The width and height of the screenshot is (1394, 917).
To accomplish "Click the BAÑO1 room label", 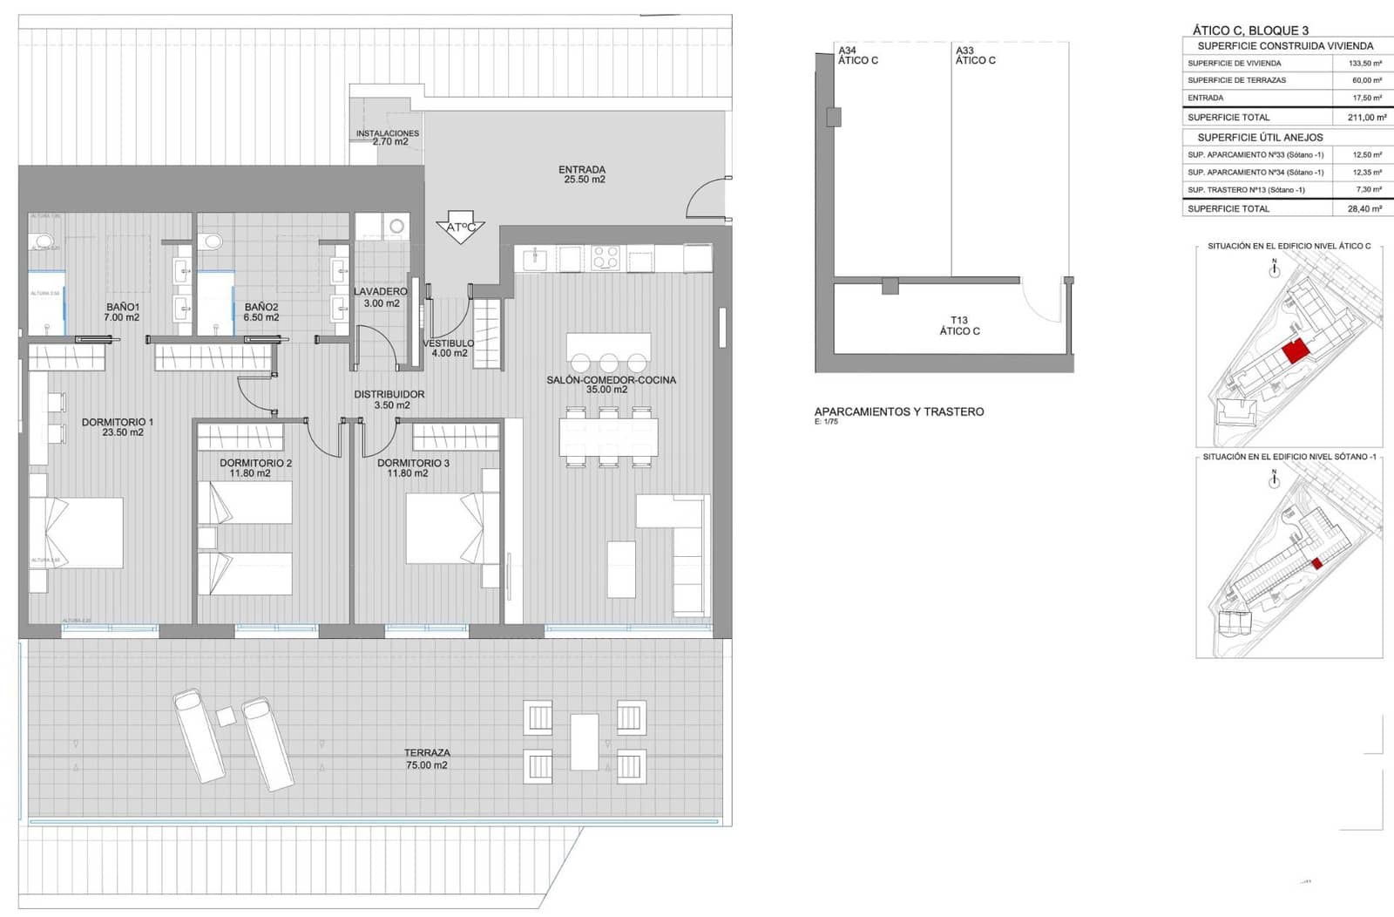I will pyautogui.click(x=122, y=312).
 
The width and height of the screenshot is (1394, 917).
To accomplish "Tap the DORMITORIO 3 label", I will pyautogui.click(x=413, y=468).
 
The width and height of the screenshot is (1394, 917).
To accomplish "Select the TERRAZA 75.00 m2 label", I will pyautogui.click(x=426, y=758).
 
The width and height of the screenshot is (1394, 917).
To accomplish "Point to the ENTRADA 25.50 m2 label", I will pyautogui.click(x=582, y=174).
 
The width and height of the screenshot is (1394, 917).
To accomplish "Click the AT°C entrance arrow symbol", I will pyautogui.click(x=460, y=228).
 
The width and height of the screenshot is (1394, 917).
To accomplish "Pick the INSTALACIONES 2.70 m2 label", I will pyautogui.click(x=388, y=138).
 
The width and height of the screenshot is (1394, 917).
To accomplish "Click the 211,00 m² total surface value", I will pyautogui.click(x=1366, y=118).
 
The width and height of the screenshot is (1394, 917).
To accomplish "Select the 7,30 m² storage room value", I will pyautogui.click(x=1368, y=190).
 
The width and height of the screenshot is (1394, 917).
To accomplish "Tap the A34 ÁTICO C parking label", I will pyautogui.click(x=857, y=56).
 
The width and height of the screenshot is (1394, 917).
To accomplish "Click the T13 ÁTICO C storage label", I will pyautogui.click(x=959, y=326).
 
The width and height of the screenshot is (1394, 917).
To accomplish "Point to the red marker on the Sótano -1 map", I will pyautogui.click(x=1317, y=564).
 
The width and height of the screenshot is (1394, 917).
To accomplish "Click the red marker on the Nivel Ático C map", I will pyautogui.click(x=1296, y=351).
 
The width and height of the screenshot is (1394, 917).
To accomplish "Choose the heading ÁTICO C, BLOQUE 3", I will pyautogui.click(x=1250, y=31).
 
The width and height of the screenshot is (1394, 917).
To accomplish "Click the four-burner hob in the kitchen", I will pyautogui.click(x=606, y=258).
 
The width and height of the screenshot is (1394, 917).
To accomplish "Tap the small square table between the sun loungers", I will pyautogui.click(x=226, y=717).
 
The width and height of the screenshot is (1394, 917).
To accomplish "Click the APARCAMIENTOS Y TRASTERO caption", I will pyautogui.click(x=898, y=411).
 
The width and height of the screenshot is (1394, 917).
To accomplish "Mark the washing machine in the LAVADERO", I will pyautogui.click(x=396, y=227).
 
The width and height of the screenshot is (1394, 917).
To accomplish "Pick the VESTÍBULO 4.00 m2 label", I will pyautogui.click(x=449, y=348).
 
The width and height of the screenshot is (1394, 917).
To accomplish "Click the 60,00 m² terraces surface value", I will pyautogui.click(x=1367, y=80).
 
